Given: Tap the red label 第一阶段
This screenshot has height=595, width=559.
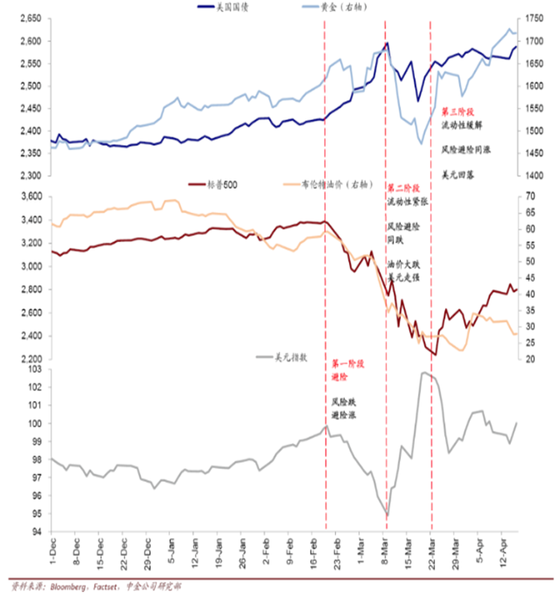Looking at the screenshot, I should click(x=347, y=364).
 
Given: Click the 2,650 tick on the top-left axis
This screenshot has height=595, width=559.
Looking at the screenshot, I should click(x=29, y=18).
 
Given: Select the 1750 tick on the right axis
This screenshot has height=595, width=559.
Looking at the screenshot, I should click(x=532, y=18).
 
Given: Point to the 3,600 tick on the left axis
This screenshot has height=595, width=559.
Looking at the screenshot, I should click(x=29, y=196).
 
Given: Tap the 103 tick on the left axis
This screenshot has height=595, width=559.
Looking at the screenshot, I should click(x=34, y=369).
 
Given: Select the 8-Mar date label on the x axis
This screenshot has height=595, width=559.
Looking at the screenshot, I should click(x=387, y=553).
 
